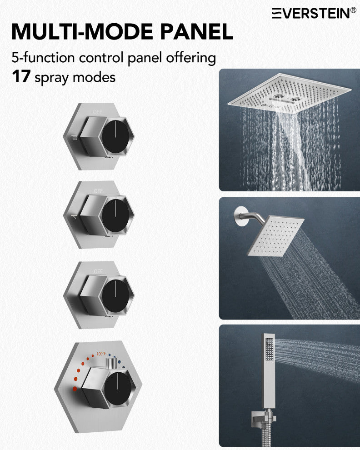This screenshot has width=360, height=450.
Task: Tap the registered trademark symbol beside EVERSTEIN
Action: point(353,10)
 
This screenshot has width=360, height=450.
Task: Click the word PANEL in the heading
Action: point(196,31)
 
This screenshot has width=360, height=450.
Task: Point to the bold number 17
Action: point(21,76)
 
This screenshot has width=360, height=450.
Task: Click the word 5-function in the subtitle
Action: point(43,57)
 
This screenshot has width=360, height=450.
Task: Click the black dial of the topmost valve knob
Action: point(116,136)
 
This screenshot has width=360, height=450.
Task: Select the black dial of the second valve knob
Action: point(116,215)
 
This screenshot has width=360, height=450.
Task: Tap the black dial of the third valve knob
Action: point(116,295)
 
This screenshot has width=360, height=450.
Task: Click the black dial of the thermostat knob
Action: point(118,389)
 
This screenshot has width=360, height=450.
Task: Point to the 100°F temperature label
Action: point(101,354)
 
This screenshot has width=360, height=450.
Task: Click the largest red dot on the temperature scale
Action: point(75,389)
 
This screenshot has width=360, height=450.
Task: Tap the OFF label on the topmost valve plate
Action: point(98,112)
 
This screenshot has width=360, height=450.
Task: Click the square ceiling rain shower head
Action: point(290,93)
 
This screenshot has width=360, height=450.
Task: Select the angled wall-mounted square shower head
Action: point(275,236)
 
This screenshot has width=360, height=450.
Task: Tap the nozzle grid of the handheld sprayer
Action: point(269,349)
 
